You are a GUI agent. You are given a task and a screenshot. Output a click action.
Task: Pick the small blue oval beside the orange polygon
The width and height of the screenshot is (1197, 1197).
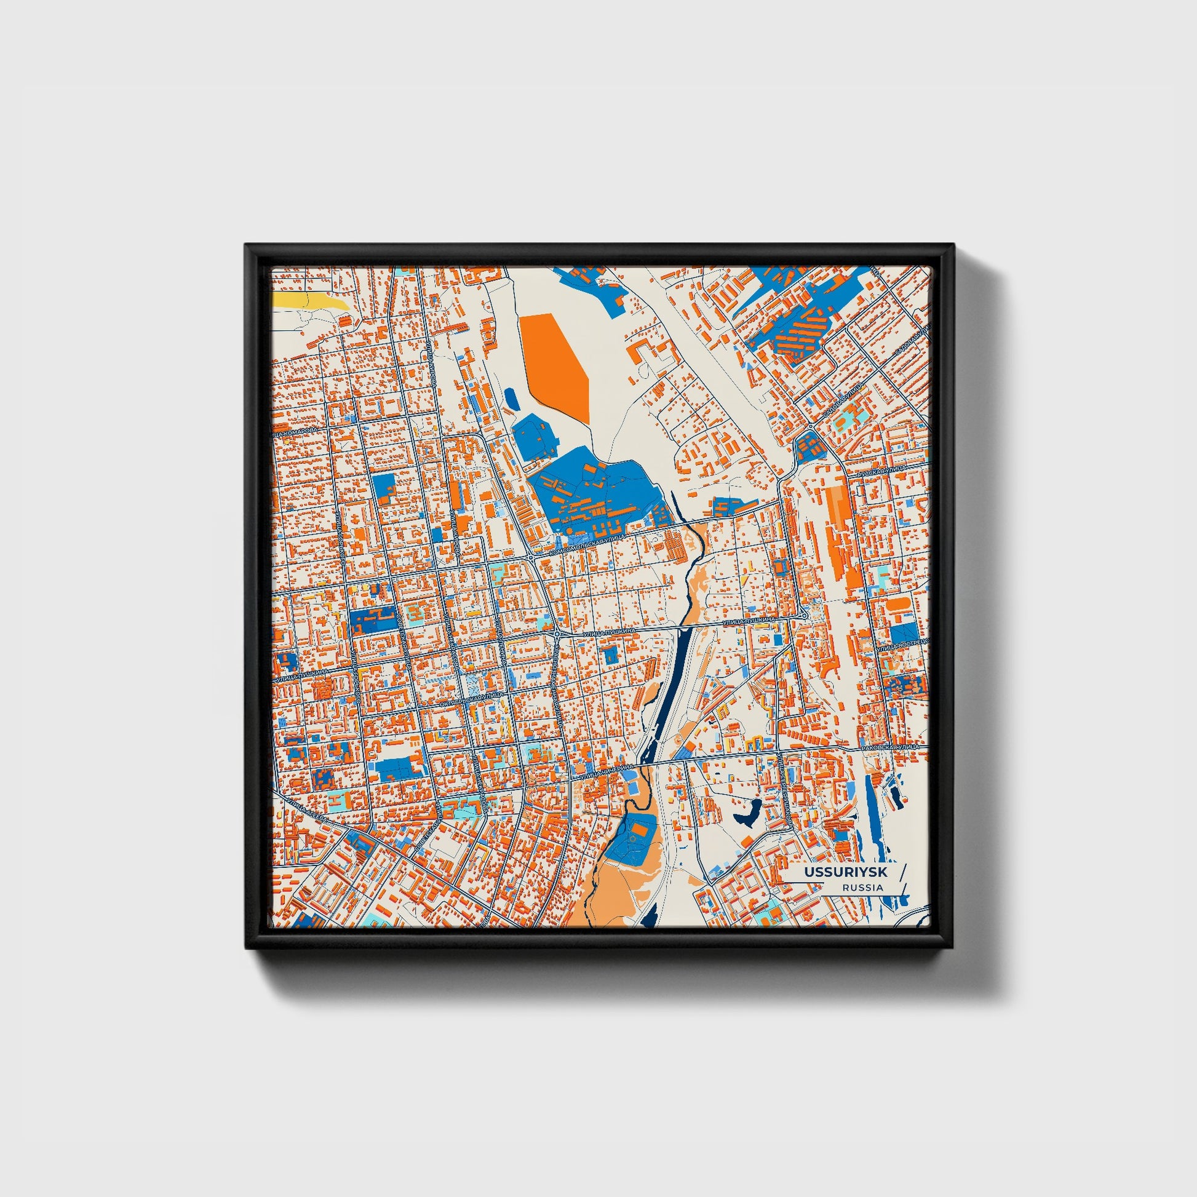[512, 399]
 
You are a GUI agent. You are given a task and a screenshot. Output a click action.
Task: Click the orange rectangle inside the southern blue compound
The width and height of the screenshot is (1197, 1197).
[642, 827]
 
